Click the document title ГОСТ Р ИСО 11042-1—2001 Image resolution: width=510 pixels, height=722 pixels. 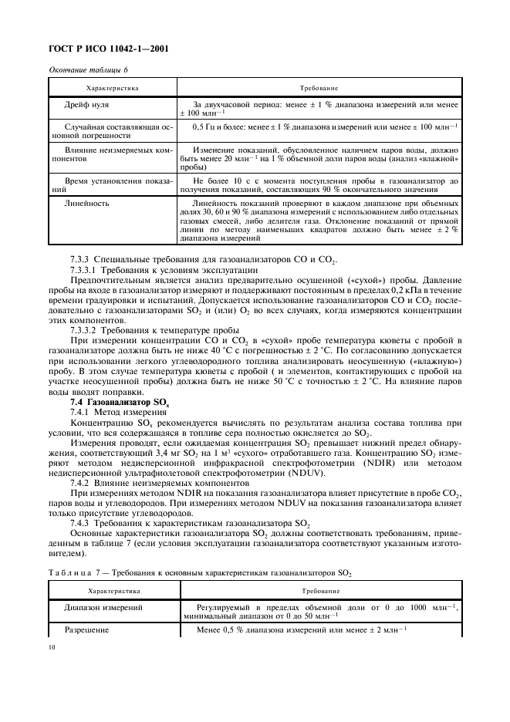109,51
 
